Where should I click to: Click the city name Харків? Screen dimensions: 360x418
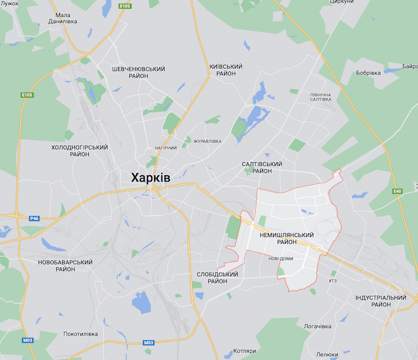tap(150, 178)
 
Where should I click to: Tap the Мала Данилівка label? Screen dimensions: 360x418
tap(63, 18)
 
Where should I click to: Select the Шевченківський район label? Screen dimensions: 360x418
tap(138, 73)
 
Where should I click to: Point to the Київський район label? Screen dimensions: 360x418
tap(225, 71)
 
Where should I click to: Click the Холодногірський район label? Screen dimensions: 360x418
tap(79, 152)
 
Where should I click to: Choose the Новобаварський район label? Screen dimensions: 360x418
tap(65, 265)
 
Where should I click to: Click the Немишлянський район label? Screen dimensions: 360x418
tap(286, 238)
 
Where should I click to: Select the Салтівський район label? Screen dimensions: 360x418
tap(261, 167)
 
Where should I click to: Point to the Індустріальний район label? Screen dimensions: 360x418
tap(381, 301)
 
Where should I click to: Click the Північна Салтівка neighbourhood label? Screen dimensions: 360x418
tap(320, 97)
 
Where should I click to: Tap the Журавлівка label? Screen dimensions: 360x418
tap(206, 141)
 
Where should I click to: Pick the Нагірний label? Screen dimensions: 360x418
tap(165, 148)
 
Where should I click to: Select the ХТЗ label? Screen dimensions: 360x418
tap(332, 281)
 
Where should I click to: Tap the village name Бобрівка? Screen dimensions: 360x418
tap(368, 73)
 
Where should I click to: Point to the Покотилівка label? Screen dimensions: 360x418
tap(80, 334)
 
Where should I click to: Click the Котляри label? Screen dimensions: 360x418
tap(244, 351)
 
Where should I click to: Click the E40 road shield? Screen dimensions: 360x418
tap(398, 191)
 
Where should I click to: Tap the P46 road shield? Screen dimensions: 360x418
tap(35, 218)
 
